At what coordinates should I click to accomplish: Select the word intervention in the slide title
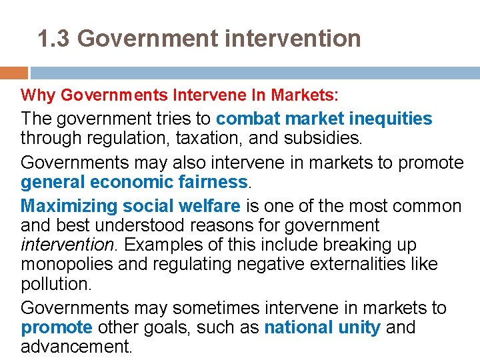click(x=293, y=39)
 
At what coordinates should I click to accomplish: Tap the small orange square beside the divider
click(x=13, y=73)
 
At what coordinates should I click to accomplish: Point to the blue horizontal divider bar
click(x=253, y=73)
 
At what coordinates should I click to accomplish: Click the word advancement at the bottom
click(x=76, y=347)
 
